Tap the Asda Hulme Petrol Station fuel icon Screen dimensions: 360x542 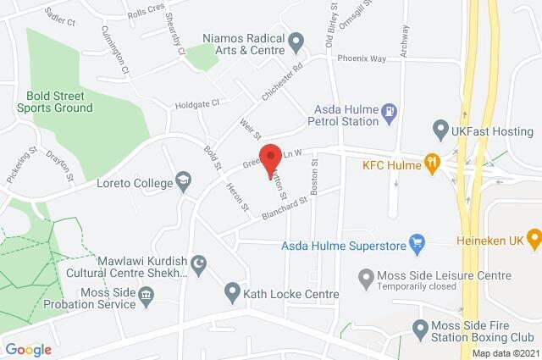[x=389, y=110]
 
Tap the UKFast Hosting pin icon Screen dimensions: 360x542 [x=440, y=130]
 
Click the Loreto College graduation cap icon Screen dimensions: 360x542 [x=182, y=180]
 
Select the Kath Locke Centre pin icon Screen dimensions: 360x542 [x=233, y=294]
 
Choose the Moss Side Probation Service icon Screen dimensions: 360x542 [x=147, y=295]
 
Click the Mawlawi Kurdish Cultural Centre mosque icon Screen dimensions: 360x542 [x=198, y=265]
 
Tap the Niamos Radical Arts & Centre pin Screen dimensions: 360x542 [x=296, y=40]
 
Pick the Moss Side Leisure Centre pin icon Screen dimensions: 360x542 [x=366, y=276]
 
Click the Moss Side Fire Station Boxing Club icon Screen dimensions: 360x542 [x=417, y=328]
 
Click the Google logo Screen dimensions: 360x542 [x=28, y=349]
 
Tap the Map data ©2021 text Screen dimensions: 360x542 [x=505, y=352]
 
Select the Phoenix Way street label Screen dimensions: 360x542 [x=362, y=59]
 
